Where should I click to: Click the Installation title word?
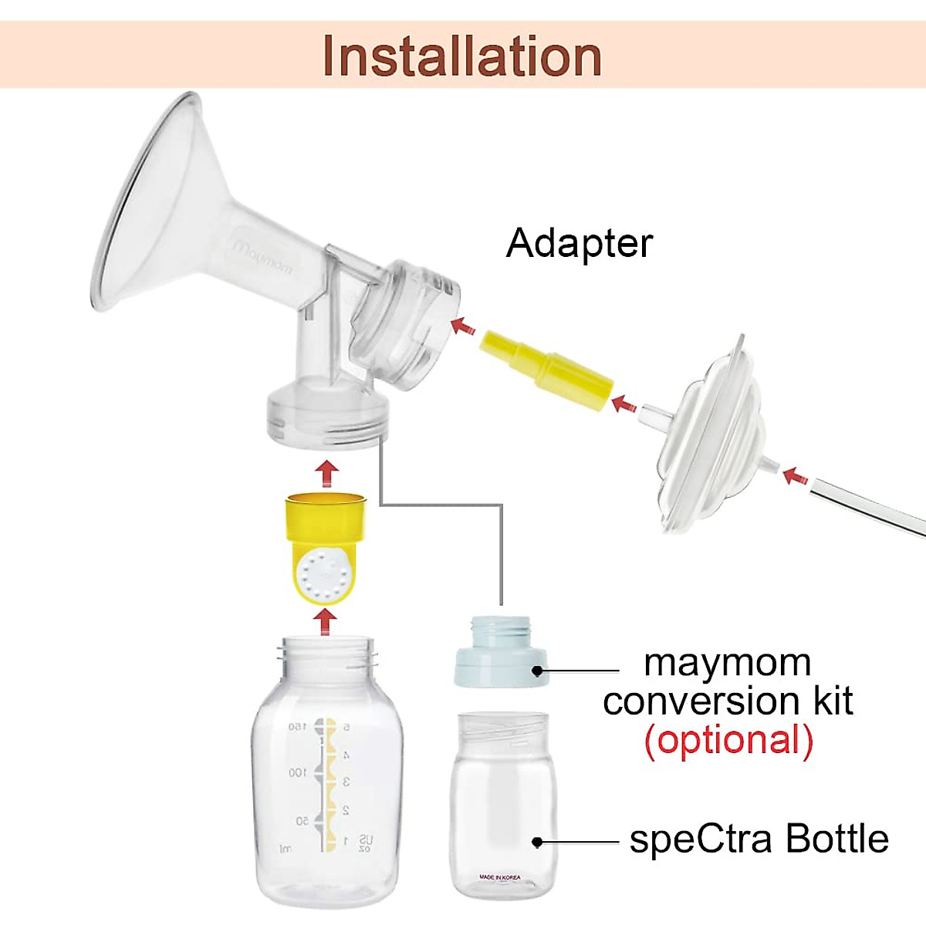tap(461, 56)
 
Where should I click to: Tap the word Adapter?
tap(579, 243)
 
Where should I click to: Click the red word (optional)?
tap(728, 740)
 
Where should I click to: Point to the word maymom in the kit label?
tap(727, 663)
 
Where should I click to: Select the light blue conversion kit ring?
tap(500, 655)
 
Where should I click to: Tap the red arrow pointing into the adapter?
tap(462, 326)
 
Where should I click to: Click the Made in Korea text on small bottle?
tap(499, 877)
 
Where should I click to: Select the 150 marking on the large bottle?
tap(297, 727)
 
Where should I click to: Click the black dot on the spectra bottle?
tap(538, 842)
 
